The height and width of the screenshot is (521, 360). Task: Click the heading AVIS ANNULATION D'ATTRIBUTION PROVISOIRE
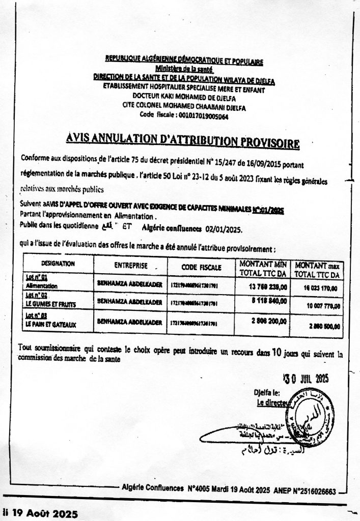[182, 140]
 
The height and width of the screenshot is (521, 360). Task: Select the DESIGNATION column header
[58, 264]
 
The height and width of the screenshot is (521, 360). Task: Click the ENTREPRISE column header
[131, 266]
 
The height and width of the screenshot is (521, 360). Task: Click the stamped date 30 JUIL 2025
[306, 378]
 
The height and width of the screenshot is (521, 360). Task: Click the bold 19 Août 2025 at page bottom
[43, 514]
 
